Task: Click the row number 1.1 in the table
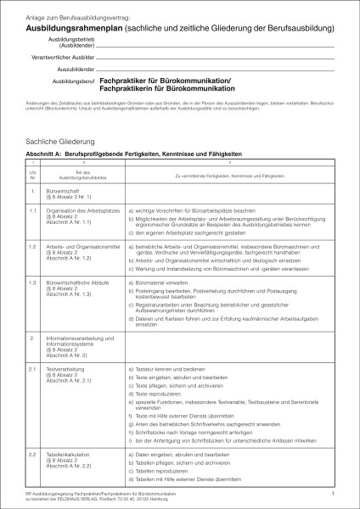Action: click(33, 210)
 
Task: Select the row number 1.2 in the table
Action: click(33, 245)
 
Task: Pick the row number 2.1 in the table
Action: click(33, 370)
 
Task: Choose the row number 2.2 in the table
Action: click(33, 456)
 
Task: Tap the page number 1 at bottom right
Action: click(334, 491)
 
